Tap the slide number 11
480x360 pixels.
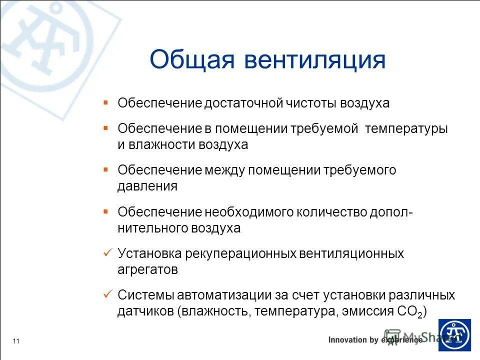coord(16,341)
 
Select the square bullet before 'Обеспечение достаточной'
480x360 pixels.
coord(105,102)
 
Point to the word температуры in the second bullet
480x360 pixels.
coord(406,128)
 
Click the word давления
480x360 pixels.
coord(147,186)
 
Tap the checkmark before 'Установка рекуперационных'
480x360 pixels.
coord(105,253)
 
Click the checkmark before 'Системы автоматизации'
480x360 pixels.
coord(105,294)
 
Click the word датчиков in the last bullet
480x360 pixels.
coord(145,312)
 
